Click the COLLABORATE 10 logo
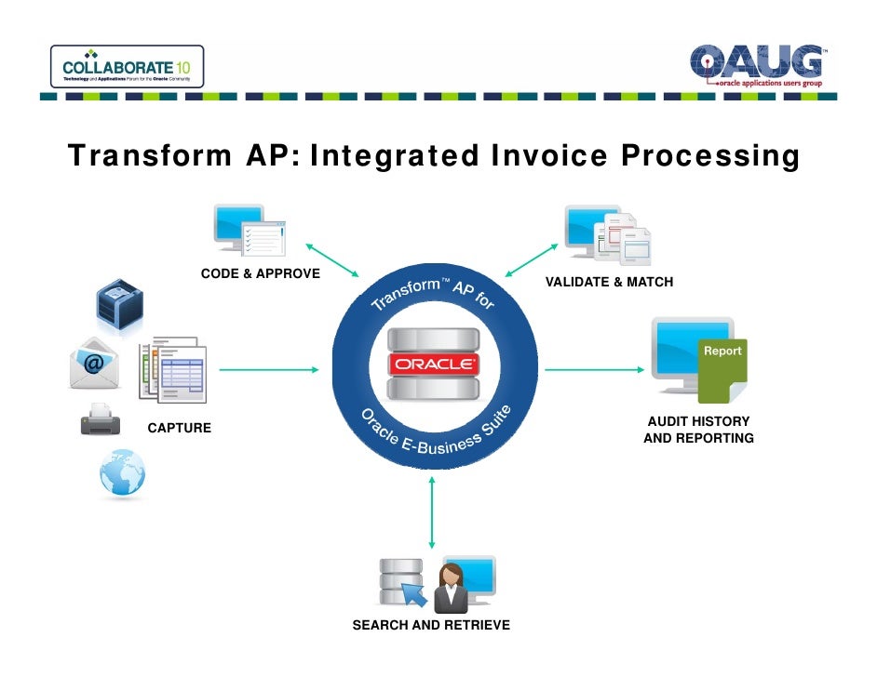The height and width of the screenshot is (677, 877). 126,67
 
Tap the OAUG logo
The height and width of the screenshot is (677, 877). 757,65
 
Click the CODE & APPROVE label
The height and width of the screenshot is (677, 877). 261,273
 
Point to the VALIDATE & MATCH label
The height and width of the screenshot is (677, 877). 609,282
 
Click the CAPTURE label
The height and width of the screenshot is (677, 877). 180,429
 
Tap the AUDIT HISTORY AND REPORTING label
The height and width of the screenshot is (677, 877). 698,430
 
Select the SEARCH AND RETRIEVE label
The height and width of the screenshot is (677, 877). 431,625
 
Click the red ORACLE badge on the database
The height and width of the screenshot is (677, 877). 433,365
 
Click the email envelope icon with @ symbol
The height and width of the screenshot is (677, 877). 94,364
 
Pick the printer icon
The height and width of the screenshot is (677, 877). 100,420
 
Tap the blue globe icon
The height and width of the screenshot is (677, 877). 123,476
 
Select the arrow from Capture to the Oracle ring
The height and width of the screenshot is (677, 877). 268,370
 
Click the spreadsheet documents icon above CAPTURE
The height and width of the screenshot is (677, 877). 174,369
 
